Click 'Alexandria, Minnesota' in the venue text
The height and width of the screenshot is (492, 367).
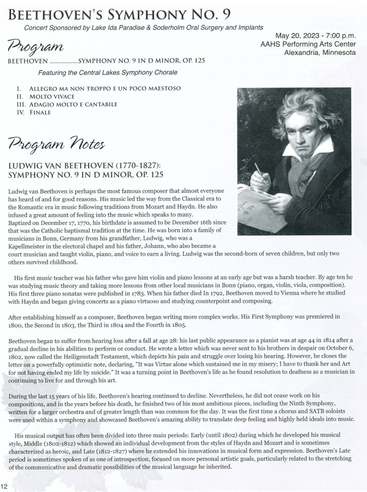coord(320,52)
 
